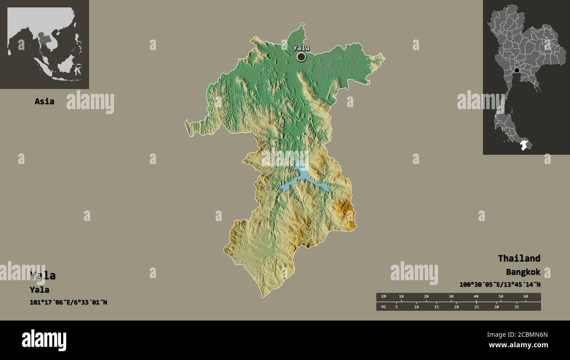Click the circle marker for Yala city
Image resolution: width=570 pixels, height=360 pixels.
point(301,57)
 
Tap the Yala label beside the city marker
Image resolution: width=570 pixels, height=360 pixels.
point(301,48)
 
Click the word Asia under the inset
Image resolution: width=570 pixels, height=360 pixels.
point(44,101)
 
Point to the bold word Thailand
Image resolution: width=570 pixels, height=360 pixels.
point(519,258)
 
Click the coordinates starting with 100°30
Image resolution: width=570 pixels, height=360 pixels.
point(500,285)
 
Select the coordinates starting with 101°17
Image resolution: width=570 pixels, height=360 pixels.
point(68,302)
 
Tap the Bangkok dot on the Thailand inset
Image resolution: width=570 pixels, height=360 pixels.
point(517,70)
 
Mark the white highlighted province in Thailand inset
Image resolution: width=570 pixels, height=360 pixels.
point(524,145)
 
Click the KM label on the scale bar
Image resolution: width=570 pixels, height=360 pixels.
point(384,297)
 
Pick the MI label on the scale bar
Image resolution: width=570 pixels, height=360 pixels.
point(384,307)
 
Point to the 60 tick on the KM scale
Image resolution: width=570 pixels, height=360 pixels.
point(526,297)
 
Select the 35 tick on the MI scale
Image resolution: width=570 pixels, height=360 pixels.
point(517,307)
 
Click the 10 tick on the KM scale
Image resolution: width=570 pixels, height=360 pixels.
point(401,297)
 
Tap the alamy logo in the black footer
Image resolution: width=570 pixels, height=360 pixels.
point(44,340)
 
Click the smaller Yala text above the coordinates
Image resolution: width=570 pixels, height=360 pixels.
point(39,290)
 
